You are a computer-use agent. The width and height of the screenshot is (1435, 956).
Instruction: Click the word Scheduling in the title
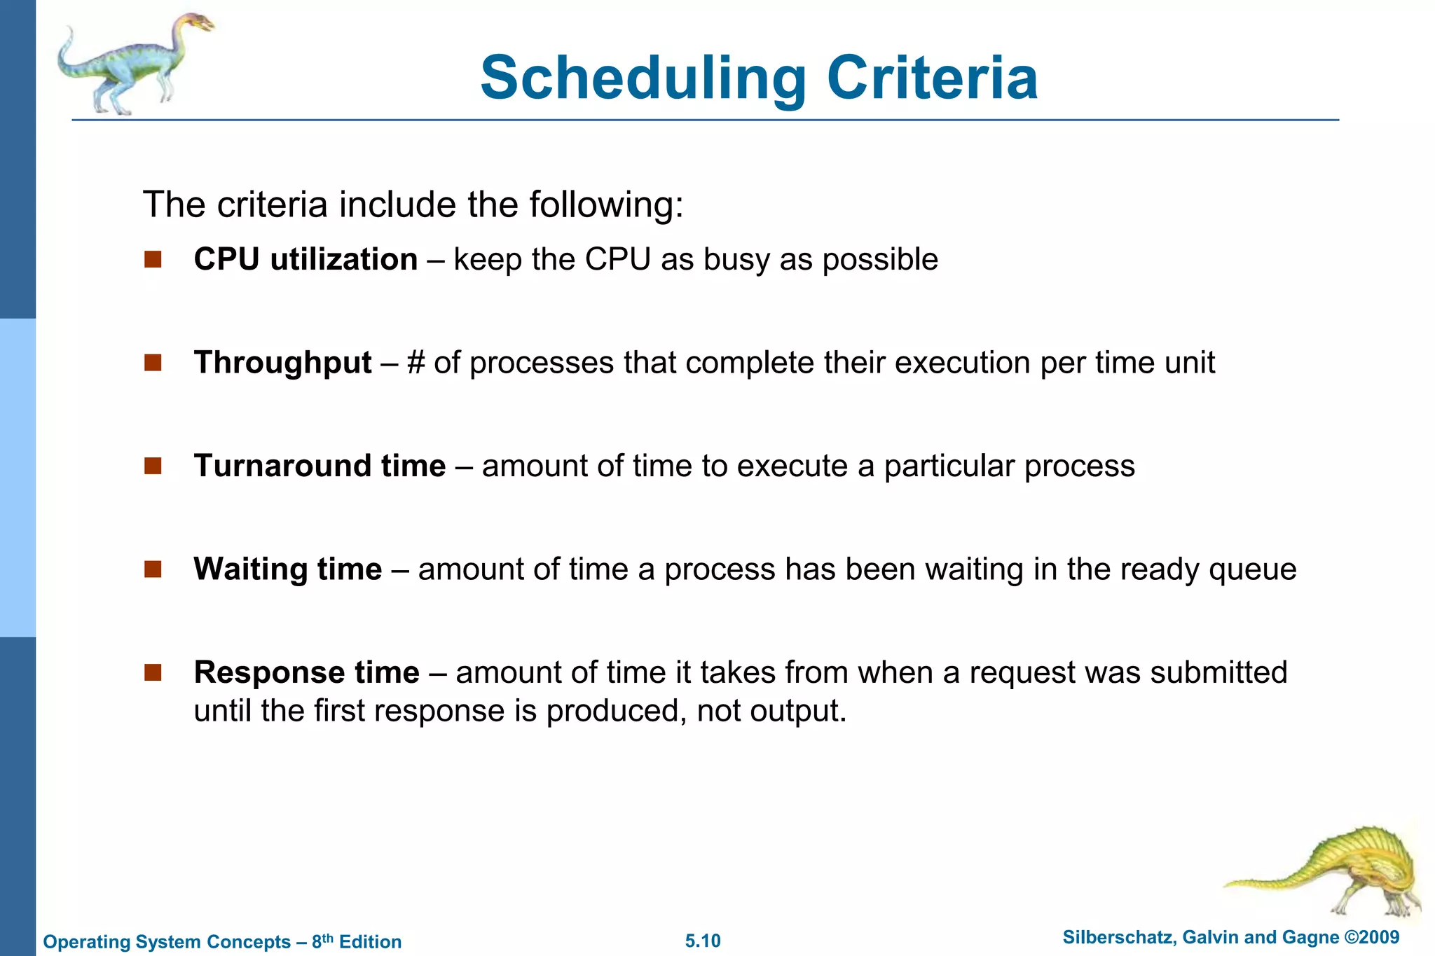point(643,78)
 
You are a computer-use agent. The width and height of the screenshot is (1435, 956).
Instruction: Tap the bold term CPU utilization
point(305,259)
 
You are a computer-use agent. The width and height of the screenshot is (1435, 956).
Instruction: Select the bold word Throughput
point(282,363)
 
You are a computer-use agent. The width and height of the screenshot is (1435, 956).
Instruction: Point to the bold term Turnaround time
point(320,466)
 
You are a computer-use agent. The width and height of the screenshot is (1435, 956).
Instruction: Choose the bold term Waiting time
point(288,569)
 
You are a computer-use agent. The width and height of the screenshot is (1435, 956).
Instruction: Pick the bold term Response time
point(306,672)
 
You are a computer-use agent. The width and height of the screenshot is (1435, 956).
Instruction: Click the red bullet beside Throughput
point(153,363)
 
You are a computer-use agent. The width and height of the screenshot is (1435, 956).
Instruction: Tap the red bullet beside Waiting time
point(153,569)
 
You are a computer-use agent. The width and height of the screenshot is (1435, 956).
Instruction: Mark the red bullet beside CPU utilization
point(153,260)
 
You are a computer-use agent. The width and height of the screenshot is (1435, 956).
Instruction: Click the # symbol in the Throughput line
point(416,363)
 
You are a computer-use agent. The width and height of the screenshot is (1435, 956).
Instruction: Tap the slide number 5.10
point(703,941)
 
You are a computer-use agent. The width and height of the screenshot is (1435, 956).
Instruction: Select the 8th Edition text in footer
point(357,941)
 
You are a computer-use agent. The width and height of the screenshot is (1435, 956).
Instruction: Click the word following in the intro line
point(605,205)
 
